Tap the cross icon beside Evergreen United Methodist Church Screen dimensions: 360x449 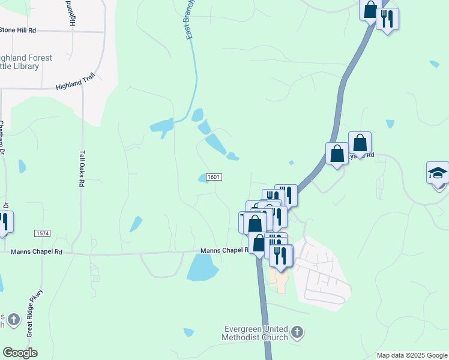tap(297, 331)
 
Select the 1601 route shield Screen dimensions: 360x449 tap(214, 177)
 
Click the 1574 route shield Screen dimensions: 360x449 tap(42, 233)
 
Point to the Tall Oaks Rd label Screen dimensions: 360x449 tap(82, 168)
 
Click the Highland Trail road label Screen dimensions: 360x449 tap(76, 86)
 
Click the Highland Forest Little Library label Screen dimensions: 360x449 tap(26, 62)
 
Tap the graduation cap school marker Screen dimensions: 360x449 tap(438, 173)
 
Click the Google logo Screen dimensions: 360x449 tap(20, 352)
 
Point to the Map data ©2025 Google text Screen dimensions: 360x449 tap(411, 355)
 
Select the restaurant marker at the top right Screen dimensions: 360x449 tap(388, 19)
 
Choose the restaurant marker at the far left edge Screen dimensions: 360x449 tap(5, 221)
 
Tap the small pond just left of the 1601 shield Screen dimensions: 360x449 tap(203, 178)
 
